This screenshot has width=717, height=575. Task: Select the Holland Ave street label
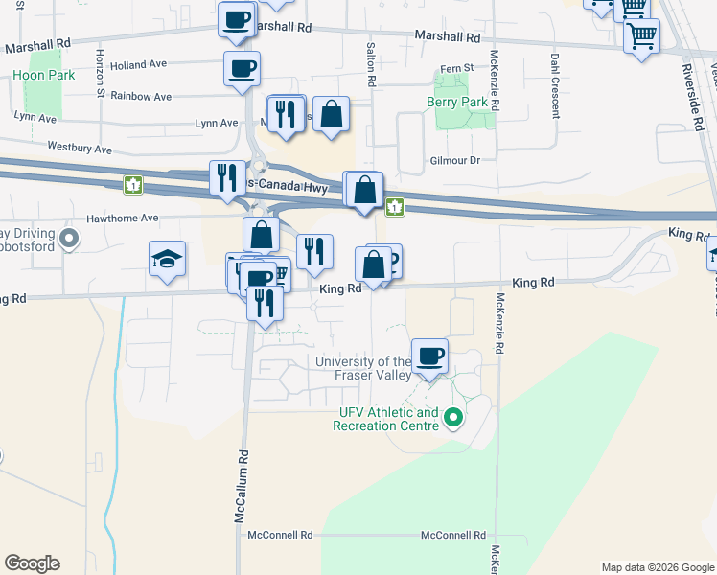(x=138, y=64)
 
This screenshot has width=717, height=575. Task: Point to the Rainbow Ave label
(x=140, y=96)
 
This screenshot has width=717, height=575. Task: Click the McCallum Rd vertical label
(x=243, y=486)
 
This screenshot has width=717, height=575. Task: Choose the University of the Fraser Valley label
(x=364, y=369)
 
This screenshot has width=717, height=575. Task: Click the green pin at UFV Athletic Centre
(x=455, y=418)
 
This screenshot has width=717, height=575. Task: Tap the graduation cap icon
(x=167, y=259)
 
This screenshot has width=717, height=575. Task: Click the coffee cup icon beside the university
(x=429, y=356)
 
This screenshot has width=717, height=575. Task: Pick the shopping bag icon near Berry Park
(x=331, y=114)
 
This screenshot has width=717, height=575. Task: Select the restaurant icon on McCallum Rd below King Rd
(x=264, y=303)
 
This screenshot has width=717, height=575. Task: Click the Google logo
(x=32, y=563)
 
